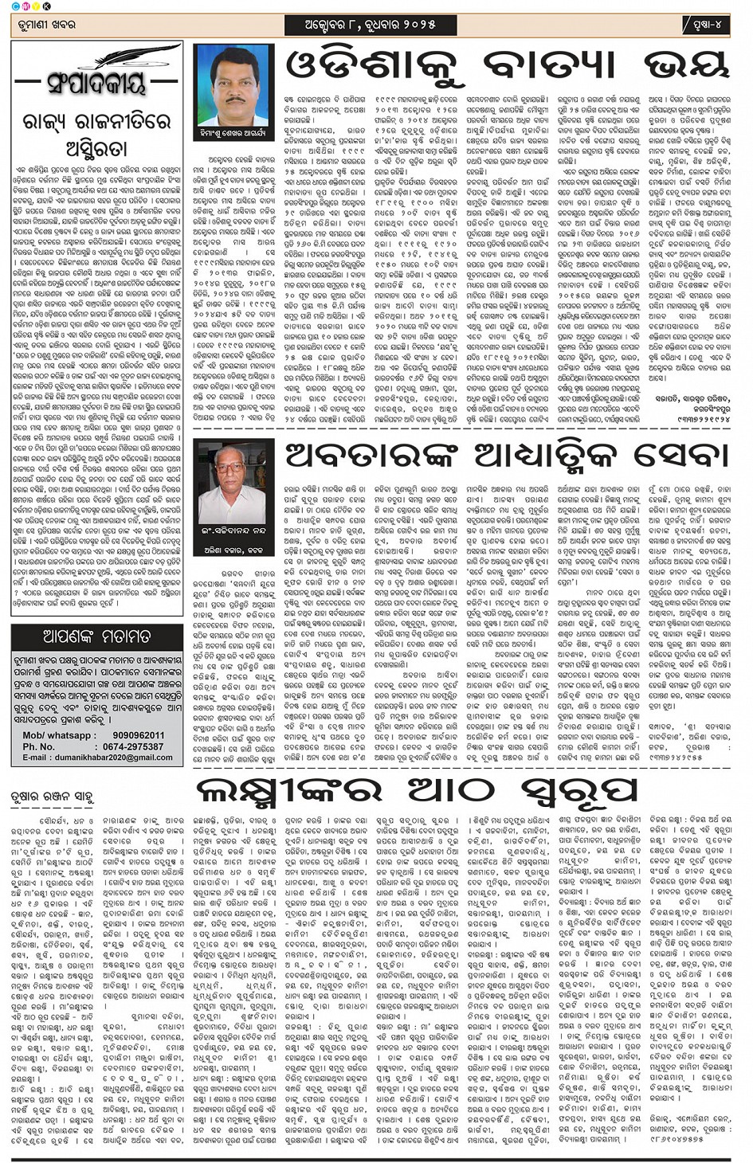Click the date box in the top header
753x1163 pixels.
pos(371,25)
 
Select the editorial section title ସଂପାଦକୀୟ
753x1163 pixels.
pos(96,82)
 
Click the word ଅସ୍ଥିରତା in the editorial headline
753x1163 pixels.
pos(96,147)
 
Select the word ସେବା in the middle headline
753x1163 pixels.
pos(680,456)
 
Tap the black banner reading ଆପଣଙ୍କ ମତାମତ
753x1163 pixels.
pos(96,636)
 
